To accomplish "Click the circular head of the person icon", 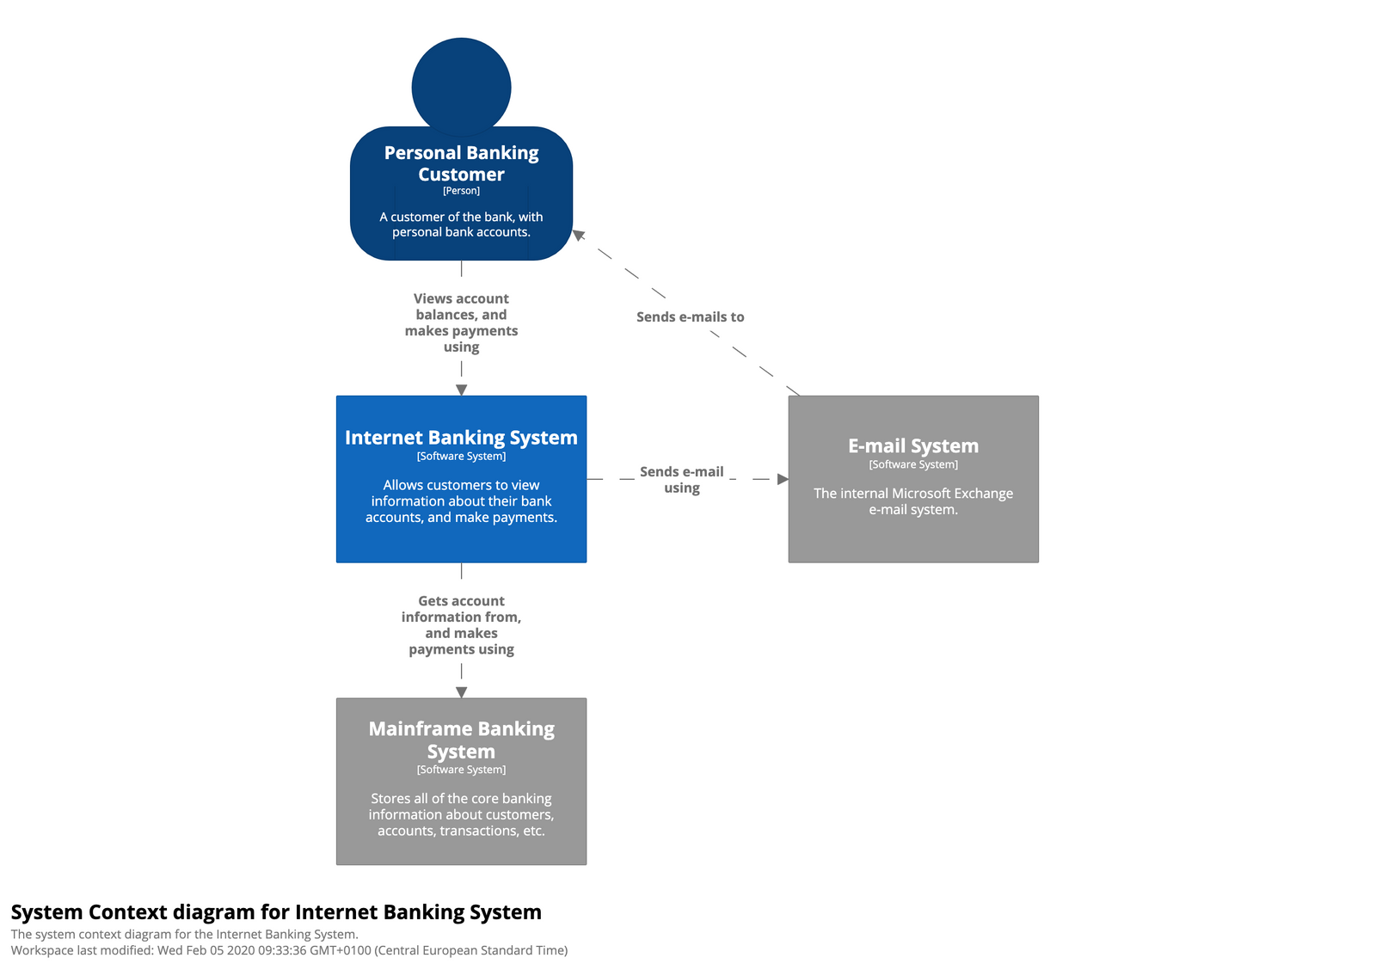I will [x=461, y=86].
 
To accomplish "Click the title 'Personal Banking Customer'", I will [x=461, y=163].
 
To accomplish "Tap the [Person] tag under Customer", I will [x=461, y=191].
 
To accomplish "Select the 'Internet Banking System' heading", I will [x=461, y=438].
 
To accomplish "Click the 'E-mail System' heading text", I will [x=912, y=446].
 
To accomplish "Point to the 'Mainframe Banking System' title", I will [x=461, y=740].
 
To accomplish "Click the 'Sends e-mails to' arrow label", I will [x=690, y=317].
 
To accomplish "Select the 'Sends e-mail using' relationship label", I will [x=681, y=480].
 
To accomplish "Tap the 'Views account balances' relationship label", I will [x=461, y=322].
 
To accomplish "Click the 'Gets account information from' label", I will [x=461, y=625].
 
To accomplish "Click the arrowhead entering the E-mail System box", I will [x=783, y=479].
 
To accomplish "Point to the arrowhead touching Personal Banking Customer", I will [x=580, y=235].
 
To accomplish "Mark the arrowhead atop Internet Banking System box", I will [x=461, y=390].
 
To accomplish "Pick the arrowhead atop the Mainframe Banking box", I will [x=461, y=692].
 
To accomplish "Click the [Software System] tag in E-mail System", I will [x=912, y=464].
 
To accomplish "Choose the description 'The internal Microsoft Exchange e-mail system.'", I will [x=912, y=501].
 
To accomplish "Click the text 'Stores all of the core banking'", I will [x=461, y=799].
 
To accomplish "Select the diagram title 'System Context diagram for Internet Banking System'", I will [x=276, y=912].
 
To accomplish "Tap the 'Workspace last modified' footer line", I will [x=289, y=950].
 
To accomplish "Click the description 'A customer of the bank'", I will [x=461, y=224].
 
